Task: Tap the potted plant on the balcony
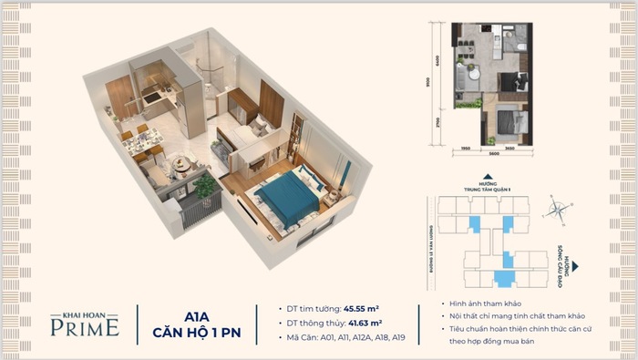click(206, 184)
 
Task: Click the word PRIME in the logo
click(84, 327)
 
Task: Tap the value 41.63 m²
click(364, 323)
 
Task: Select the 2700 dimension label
click(448, 118)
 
